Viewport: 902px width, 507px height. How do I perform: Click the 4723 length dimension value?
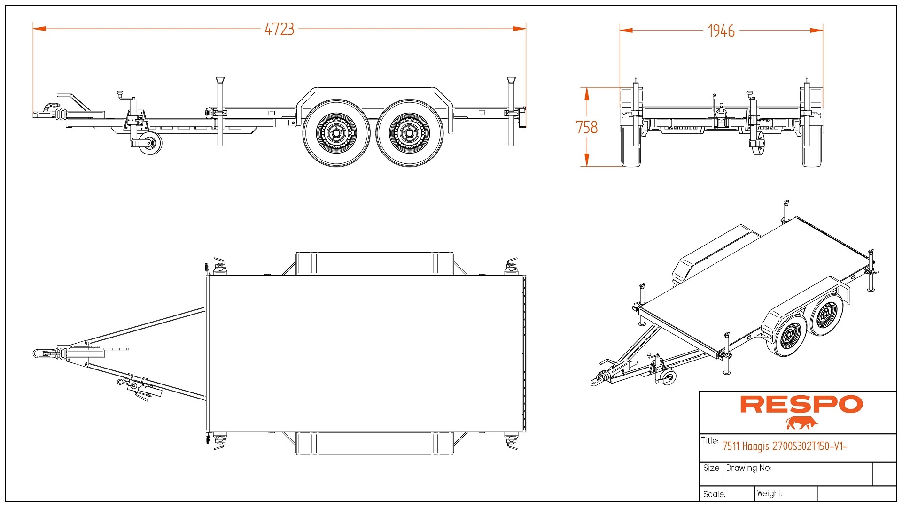tap(279, 29)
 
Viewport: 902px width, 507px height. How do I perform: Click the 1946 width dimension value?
tap(721, 31)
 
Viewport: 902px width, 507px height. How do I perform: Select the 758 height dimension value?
tap(586, 127)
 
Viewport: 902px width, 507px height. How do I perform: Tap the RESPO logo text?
tap(801, 404)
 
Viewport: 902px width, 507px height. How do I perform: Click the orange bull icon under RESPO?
tap(801, 423)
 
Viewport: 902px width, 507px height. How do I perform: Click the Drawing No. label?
tap(748, 468)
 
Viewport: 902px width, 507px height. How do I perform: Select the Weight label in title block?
tap(769, 493)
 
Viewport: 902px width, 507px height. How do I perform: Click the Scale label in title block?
tap(714, 494)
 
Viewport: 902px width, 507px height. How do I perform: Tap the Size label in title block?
tap(711, 468)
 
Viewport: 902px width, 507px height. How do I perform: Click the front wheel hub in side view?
tap(336, 133)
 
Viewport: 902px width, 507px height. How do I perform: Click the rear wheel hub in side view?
tap(409, 133)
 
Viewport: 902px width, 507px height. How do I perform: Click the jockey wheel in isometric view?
tap(668, 377)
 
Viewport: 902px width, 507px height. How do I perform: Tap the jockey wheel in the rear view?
tap(758, 143)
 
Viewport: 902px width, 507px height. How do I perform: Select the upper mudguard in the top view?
tap(374, 263)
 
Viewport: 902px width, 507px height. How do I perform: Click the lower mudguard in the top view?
tap(374, 444)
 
